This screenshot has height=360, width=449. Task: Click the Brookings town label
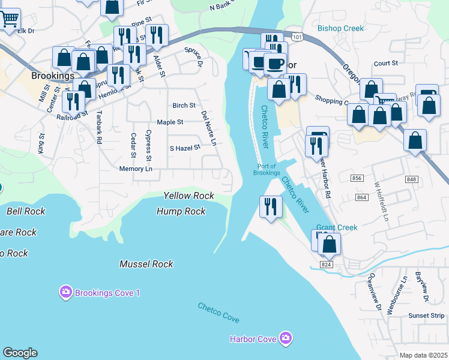tap(53, 76)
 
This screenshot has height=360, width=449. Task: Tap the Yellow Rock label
tap(188, 196)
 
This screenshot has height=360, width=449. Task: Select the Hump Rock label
tap(181, 211)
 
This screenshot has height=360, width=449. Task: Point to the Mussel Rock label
tap(146, 264)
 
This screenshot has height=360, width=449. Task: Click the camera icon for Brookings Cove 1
tap(65, 293)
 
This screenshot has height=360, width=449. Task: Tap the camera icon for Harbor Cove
tap(286, 339)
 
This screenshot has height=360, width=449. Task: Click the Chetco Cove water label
tap(218, 313)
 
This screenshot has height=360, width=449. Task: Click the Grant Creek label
tap(337, 227)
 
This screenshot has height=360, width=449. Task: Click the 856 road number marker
tap(358, 178)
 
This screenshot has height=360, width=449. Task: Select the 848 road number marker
tap(411, 179)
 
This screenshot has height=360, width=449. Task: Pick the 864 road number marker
tap(361, 197)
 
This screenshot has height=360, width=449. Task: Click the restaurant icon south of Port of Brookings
tap(271, 206)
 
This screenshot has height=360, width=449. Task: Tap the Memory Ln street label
tap(136, 169)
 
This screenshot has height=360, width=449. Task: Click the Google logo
tap(20, 352)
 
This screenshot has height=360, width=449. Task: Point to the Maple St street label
tap(170, 122)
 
